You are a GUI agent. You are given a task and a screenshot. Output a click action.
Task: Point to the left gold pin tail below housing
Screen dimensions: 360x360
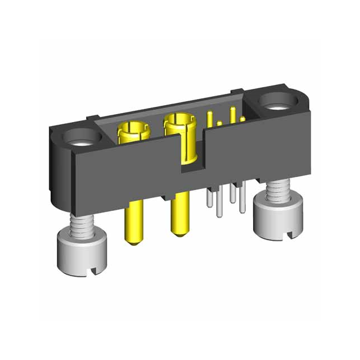click(x=131, y=222)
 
